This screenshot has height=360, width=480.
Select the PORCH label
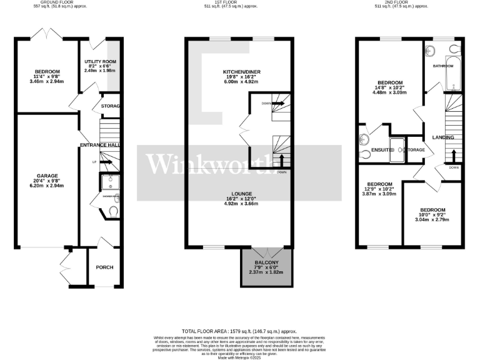click(104, 267)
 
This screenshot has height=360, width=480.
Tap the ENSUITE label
click(381, 150)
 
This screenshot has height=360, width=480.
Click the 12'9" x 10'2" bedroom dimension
click(380, 190)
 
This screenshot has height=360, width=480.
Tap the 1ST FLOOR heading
click(239, 2)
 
